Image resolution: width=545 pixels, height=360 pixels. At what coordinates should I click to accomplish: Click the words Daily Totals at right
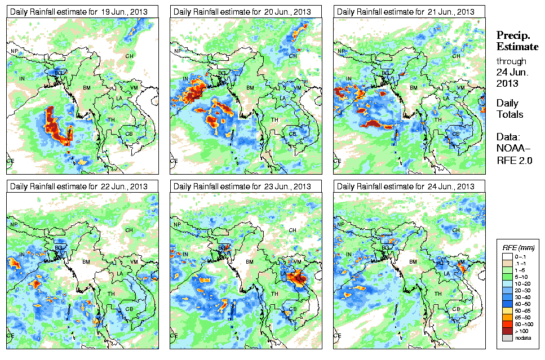pyautogui.click(x=509, y=109)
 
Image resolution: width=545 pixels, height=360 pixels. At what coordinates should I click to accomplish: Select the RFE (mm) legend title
pyautogui.click(x=519, y=247)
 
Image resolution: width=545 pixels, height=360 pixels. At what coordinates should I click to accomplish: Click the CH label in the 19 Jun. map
pyautogui.click(x=130, y=56)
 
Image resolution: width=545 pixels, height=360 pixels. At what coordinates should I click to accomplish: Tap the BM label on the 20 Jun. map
pyautogui.click(x=250, y=88)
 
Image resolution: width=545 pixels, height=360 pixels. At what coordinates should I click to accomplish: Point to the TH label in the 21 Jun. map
pyautogui.click(x=437, y=119)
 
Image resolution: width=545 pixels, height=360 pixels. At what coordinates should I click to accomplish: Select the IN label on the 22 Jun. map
pyautogui.click(x=22, y=254)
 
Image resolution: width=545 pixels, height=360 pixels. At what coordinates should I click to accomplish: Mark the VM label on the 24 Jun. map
pyautogui.click(x=460, y=262)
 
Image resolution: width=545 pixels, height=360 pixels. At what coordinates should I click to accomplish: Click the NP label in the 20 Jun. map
pyautogui.click(x=178, y=51)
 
